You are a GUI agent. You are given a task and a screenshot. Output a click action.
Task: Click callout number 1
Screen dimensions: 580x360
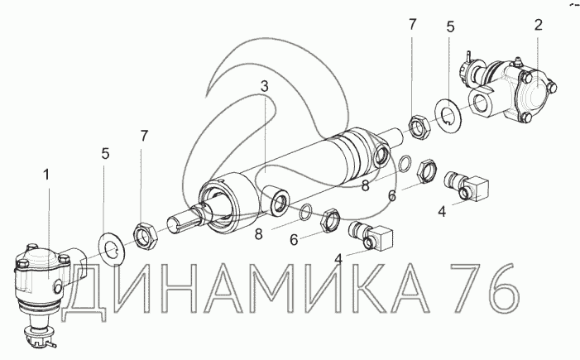tap(46, 175)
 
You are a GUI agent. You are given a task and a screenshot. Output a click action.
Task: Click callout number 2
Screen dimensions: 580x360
tap(538, 25)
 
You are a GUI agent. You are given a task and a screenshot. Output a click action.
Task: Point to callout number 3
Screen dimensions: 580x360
tap(264, 87)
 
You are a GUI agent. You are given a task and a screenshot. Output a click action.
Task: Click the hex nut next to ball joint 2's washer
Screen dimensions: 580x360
tap(419, 128)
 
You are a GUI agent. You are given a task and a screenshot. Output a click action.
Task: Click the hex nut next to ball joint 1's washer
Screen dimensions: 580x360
tap(146, 236)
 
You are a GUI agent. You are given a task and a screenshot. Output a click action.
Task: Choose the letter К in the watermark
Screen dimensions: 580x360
tap(374, 287)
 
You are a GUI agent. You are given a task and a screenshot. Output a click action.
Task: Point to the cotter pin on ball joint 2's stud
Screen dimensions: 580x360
tap(469, 57)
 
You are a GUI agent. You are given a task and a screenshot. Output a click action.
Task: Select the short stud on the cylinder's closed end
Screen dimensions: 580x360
tap(398, 136)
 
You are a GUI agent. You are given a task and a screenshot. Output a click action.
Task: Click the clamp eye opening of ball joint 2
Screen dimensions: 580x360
tap(481, 103)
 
